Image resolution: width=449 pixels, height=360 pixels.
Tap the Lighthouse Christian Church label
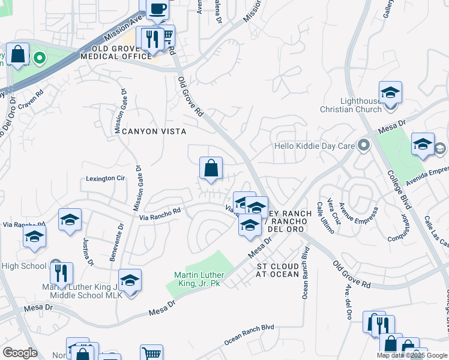(361, 105)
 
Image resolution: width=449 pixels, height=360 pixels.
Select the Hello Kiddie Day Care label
(313, 146)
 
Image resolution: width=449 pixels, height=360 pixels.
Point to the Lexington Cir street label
(105, 178)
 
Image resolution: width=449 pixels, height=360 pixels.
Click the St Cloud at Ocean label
(277, 270)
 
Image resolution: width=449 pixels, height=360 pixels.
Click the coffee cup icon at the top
(157, 9)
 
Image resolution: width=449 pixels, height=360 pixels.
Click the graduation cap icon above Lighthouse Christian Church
(390, 93)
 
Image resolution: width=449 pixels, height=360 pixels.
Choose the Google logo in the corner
(20, 353)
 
